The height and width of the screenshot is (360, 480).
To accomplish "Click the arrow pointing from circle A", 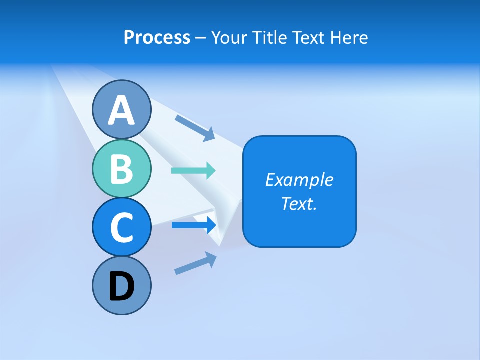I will coord(195,127).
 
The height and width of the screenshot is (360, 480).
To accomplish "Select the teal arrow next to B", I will coord(193,170).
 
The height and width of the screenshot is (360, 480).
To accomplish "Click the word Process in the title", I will coord(157,38).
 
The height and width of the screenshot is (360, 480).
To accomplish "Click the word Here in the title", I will coord(349,38).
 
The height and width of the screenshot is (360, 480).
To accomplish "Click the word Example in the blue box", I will coord(299,180).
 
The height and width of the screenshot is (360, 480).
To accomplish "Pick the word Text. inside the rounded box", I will coord(299,203).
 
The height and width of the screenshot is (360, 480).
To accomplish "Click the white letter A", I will coord(121,110).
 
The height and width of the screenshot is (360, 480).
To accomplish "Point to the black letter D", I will coord(121,287).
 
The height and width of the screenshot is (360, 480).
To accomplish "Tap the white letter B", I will coord(121,169).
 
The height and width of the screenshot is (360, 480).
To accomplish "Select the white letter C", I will coord(121,227).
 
